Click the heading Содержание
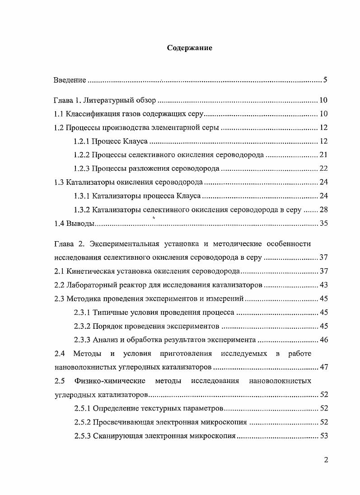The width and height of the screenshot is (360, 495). click(x=190, y=47)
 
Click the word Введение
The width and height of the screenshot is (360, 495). click(x=70, y=80)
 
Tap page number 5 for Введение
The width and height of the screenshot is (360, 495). click(x=325, y=80)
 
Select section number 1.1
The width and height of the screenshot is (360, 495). click(x=59, y=114)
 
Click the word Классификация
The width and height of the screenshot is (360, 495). click(x=91, y=114)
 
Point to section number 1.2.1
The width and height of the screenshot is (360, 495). click(x=82, y=141)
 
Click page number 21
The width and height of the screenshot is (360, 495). click(x=323, y=155)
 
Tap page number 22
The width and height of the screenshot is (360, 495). click(x=323, y=168)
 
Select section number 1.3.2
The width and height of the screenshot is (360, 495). click(x=82, y=210)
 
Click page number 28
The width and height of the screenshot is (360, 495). click(x=323, y=210)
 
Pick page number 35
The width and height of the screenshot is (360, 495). click(x=323, y=223)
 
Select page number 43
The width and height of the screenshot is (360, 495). click(x=323, y=285)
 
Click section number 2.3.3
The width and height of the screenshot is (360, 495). click(x=82, y=340)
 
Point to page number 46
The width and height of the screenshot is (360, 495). click(x=323, y=340)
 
